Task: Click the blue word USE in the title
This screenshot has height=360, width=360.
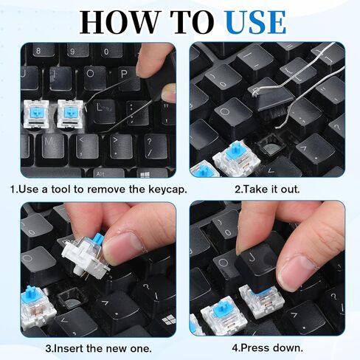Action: pyautogui.click(x=245, y=22)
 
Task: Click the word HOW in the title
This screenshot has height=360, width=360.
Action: pyautogui.click(x=111, y=22)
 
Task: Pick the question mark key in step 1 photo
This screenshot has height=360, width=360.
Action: pyautogui.click(x=150, y=144)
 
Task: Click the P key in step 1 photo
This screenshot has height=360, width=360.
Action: pyautogui.click(x=123, y=75)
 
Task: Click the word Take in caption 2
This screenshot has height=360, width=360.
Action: pyautogui.click(x=255, y=189)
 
